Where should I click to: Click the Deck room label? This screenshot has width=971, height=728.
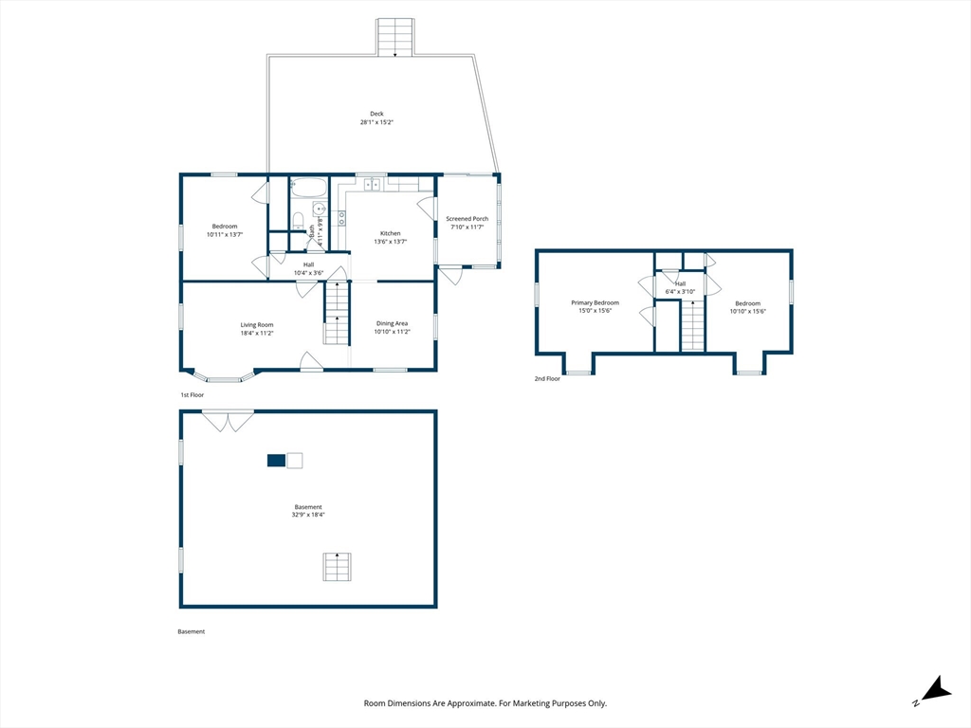point(376,114)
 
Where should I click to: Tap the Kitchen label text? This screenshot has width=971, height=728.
point(390,233)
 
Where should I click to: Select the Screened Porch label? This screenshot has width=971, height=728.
point(467,219)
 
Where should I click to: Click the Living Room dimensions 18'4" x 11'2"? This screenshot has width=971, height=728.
point(257,333)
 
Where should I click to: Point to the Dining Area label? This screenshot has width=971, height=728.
point(392,323)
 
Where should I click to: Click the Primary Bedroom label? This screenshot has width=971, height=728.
point(595,302)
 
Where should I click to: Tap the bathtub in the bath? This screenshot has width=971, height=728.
point(308,188)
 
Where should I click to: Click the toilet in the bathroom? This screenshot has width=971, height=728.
point(298,220)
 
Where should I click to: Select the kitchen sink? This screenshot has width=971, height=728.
point(372,184)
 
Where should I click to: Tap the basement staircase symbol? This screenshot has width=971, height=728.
point(337,567)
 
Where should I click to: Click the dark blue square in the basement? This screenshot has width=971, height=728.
point(276,461)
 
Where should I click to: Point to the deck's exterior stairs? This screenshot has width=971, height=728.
point(395,38)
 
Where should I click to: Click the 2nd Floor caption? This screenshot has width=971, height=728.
point(547,379)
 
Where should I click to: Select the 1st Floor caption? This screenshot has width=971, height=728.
point(192,395)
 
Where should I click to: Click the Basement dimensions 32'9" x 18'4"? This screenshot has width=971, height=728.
point(308,515)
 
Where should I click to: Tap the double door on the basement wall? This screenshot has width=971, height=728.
point(228,421)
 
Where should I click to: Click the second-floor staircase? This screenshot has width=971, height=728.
point(693,326)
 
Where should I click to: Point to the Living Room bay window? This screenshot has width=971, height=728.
point(223,376)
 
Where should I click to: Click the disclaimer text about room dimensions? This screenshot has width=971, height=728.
point(485,703)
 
